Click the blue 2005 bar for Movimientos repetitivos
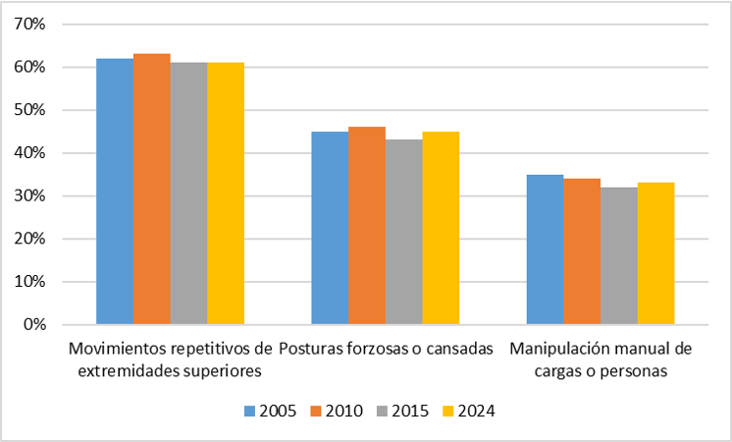(x=114, y=192)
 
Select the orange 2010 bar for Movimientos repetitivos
(x=151, y=189)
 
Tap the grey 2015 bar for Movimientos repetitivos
(x=188, y=193)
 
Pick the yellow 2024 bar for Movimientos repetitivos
(x=226, y=193)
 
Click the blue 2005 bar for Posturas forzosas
(x=330, y=228)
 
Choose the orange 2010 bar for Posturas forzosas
(x=367, y=226)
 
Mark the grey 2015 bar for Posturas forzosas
(x=404, y=232)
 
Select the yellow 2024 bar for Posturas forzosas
(x=441, y=228)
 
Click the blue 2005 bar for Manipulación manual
(x=545, y=249)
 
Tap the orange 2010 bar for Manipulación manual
(x=582, y=251)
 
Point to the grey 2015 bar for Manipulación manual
(x=619, y=255)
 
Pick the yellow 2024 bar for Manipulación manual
(x=655, y=253)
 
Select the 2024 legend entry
(x=464, y=412)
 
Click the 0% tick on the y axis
(x=34, y=324)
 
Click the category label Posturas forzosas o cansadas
(x=386, y=350)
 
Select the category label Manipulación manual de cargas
(x=601, y=360)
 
